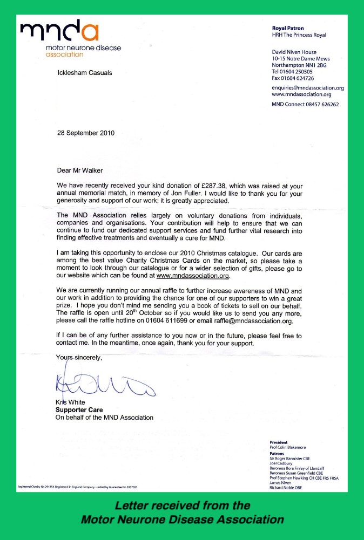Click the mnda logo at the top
click(x=59, y=32)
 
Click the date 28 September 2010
click(x=86, y=133)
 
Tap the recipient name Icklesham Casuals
click(x=85, y=73)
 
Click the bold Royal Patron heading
click(x=288, y=28)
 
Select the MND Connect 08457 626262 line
click(x=305, y=104)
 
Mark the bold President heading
click(x=279, y=442)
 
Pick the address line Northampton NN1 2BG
click(x=299, y=65)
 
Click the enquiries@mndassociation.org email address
click(x=308, y=87)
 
